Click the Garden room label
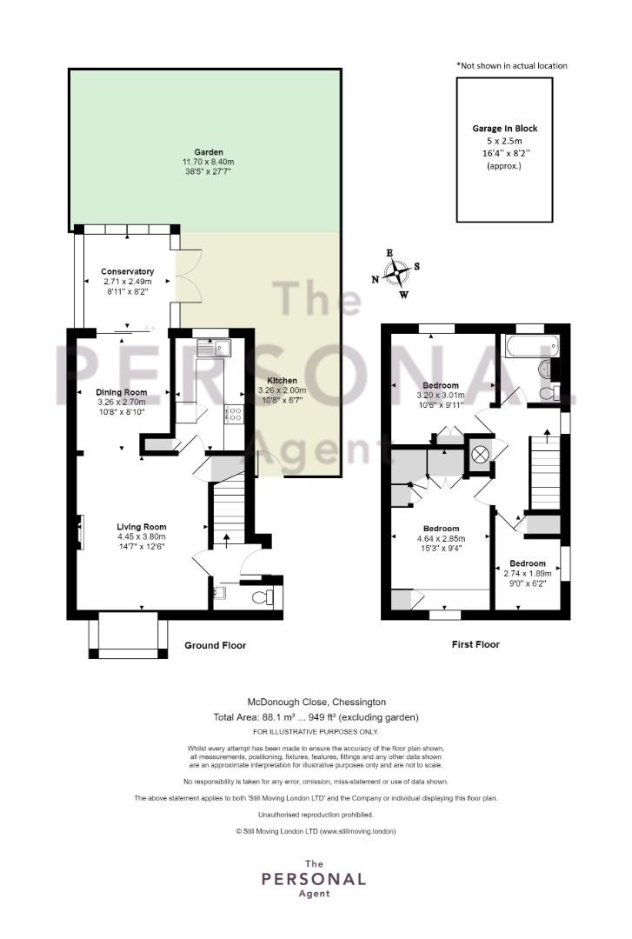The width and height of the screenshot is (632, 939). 208,152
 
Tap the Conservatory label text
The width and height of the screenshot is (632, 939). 127,271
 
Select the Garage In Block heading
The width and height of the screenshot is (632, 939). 504,128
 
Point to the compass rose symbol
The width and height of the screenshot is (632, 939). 396,273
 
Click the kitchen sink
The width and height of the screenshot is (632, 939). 214,347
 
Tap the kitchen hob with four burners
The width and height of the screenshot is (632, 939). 233,415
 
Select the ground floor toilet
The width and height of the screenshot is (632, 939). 263,596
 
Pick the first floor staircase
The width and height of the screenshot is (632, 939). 544,472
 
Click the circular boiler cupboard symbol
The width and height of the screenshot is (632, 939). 479,455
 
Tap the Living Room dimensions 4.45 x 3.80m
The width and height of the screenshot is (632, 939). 142,536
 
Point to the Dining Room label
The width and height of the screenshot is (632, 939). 122,392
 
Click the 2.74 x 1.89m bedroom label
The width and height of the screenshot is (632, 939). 527,573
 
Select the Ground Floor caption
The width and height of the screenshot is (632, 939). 215,645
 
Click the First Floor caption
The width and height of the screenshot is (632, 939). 476,644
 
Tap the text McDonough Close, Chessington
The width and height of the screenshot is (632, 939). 317,702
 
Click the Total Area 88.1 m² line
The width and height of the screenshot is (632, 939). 316,716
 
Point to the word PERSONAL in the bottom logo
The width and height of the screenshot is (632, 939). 314,879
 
